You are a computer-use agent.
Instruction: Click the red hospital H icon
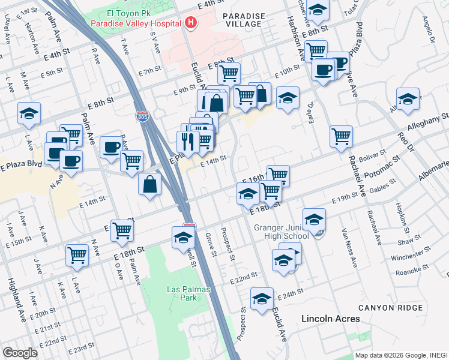191,23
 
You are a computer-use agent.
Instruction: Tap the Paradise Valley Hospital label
136,23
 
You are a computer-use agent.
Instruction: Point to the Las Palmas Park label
182,293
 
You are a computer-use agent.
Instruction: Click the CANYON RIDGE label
391,308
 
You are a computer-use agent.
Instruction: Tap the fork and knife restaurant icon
188,142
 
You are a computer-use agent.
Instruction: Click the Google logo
20,352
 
